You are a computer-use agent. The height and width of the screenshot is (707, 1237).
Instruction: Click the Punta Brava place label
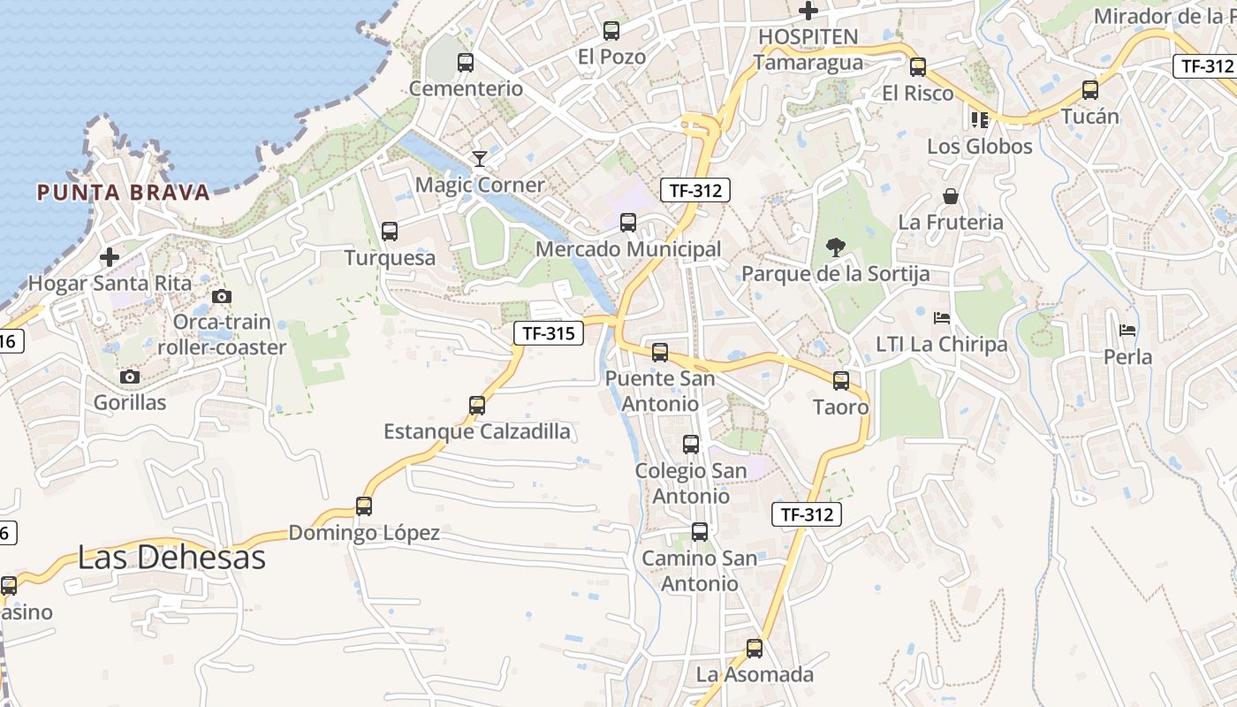[x=123, y=193]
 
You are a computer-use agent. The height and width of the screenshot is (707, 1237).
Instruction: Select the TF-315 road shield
[x=549, y=333]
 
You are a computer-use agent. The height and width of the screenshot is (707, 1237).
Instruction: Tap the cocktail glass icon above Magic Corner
[x=480, y=159]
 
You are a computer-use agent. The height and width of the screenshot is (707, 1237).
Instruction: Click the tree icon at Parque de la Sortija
[x=835, y=247]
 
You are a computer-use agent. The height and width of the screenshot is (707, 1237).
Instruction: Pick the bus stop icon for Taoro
[x=841, y=381]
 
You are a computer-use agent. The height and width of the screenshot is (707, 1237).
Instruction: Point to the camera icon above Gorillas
[x=130, y=377]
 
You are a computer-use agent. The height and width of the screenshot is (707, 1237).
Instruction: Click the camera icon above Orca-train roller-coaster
[x=222, y=297]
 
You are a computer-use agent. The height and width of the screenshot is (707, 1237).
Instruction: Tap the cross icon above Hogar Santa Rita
[x=110, y=258]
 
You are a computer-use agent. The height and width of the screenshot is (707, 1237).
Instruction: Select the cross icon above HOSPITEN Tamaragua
[x=808, y=11]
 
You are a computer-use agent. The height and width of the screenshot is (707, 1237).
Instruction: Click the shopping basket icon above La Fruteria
[x=951, y=196]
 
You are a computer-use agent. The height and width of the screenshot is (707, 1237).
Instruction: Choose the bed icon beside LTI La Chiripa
[x=942, y=318]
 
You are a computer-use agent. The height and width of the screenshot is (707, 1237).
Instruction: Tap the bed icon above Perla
[x=1127, y=331]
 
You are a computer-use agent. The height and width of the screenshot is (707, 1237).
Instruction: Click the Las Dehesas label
[x=171, y=558]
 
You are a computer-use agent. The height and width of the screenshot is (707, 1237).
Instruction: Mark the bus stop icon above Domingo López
[x=364, y=506]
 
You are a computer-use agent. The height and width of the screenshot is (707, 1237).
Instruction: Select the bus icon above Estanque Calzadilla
[x=477, y=406]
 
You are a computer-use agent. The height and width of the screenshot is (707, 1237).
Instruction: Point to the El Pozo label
[x=611, y=57]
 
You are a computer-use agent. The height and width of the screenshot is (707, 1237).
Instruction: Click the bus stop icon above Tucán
[x=1090, y=90]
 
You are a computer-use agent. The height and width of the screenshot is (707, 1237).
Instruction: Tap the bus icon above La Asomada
[x=755, y=649]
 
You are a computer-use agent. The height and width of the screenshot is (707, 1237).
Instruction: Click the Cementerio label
[x=466, y=89]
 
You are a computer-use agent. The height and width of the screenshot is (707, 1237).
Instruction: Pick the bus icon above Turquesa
[x=390, y=232]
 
